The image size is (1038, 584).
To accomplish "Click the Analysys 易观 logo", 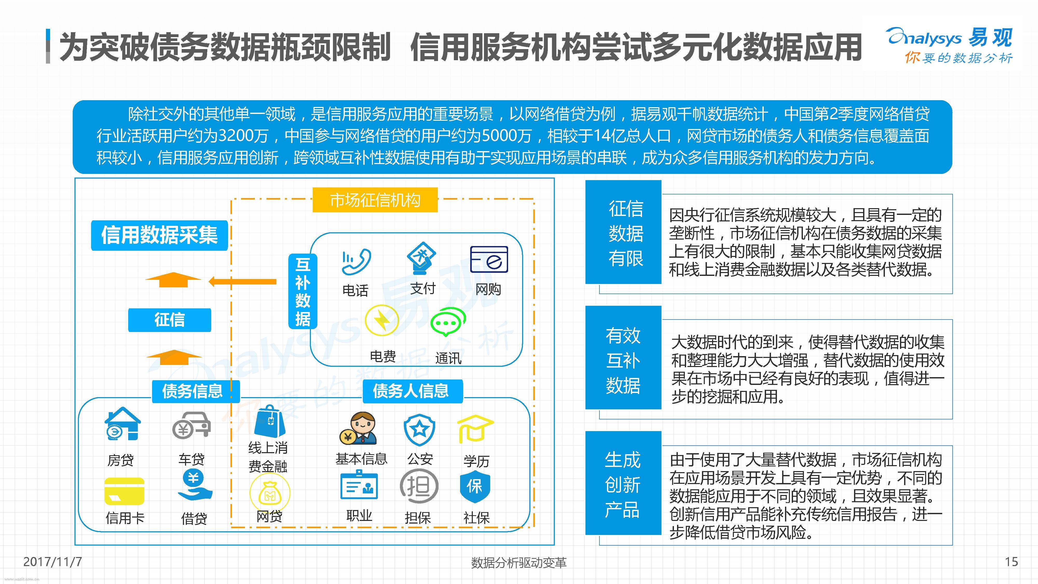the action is click(950, 45).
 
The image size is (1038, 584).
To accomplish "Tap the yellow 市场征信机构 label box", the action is click(375, 200).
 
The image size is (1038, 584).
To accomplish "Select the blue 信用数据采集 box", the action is click(160, 235).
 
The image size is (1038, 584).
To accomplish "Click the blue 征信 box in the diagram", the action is click(170, 320).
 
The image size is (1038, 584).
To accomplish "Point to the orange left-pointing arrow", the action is click(243, 281).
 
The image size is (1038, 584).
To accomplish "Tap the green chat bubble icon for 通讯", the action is click(448, 322).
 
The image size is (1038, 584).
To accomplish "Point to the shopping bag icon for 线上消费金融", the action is click(270, 422).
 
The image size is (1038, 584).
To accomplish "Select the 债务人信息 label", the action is click(411, 391).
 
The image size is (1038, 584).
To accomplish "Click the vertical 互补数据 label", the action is click(303, 291).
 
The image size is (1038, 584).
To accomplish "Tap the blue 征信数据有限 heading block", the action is click(623, 232).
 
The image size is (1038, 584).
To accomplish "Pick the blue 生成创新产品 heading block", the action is click(623, 483).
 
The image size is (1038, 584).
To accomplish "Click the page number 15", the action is click(1012, 561).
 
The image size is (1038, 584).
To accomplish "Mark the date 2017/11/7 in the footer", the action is click(52, 561).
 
